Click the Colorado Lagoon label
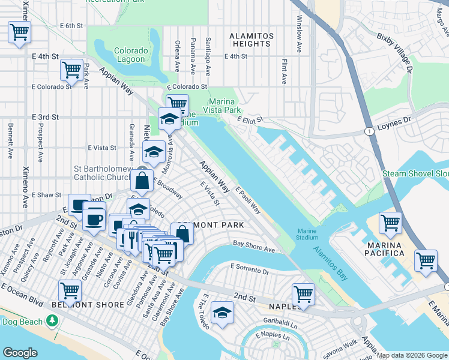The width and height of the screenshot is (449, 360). (130, 55)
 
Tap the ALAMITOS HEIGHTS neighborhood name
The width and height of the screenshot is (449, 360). (252, 40)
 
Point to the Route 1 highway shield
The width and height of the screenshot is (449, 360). (367, 131)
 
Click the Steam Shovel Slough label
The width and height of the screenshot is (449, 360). (416, 174)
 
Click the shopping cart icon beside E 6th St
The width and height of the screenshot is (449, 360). (19, 32)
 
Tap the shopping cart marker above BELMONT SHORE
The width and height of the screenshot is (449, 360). (70, 291)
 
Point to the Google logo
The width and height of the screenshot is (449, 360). (20, 352)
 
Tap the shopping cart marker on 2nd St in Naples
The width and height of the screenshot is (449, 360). (303, 295)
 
